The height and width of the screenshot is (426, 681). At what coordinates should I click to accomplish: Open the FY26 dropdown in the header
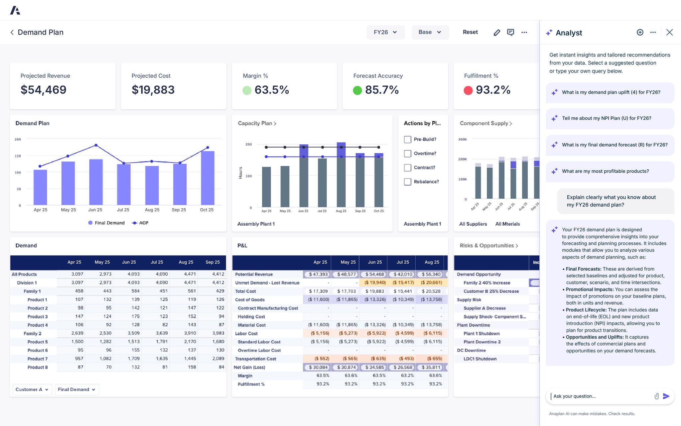(385, 32)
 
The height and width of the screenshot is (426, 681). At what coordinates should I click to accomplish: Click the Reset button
(470, 32)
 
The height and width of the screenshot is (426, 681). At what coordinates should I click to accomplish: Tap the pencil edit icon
(496, 32)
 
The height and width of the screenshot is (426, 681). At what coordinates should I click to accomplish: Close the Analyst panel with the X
(669, 32)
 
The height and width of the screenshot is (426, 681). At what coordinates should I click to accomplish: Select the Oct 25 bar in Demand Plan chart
(207, 178)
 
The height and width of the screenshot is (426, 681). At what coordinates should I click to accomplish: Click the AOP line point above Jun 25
(96, 145)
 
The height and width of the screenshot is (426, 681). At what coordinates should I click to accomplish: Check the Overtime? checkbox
(407, 153)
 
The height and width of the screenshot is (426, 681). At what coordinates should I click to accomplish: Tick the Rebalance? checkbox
(407, 182)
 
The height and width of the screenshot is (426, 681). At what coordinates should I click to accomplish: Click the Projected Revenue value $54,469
(44, 90)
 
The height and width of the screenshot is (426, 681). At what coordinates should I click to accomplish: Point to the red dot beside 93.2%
(468, 90)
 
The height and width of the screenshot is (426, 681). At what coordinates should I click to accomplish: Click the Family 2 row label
(32, 333)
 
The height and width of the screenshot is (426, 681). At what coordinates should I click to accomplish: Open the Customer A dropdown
(32, 389)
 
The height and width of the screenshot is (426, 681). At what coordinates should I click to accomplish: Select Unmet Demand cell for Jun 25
(375, 283)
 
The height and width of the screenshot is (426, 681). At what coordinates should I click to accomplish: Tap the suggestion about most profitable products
(605, 171)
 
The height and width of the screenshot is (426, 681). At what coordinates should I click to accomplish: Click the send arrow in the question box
(666, 396)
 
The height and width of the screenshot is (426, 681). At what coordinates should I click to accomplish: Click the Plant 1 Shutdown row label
(481, 333)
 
